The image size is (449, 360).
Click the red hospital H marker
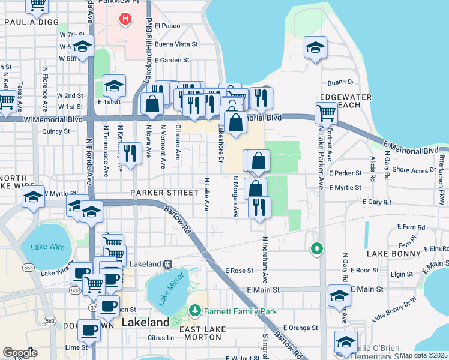[x=125, y=19]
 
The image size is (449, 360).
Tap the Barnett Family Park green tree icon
[x=194, y=311]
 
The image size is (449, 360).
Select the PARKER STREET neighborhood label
[x=164, y=193]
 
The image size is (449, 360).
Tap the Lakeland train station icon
[x=168, y=264]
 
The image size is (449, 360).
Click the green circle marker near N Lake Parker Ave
[x=316, y=248]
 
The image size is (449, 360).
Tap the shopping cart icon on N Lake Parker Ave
[x=326, y=112]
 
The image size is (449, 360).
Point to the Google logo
[x=20, y=353]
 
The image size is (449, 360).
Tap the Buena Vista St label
[x=176, y=44]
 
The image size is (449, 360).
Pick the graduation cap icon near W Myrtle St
[x=34, y=196]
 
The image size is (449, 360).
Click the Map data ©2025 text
[x=423, y=355]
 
